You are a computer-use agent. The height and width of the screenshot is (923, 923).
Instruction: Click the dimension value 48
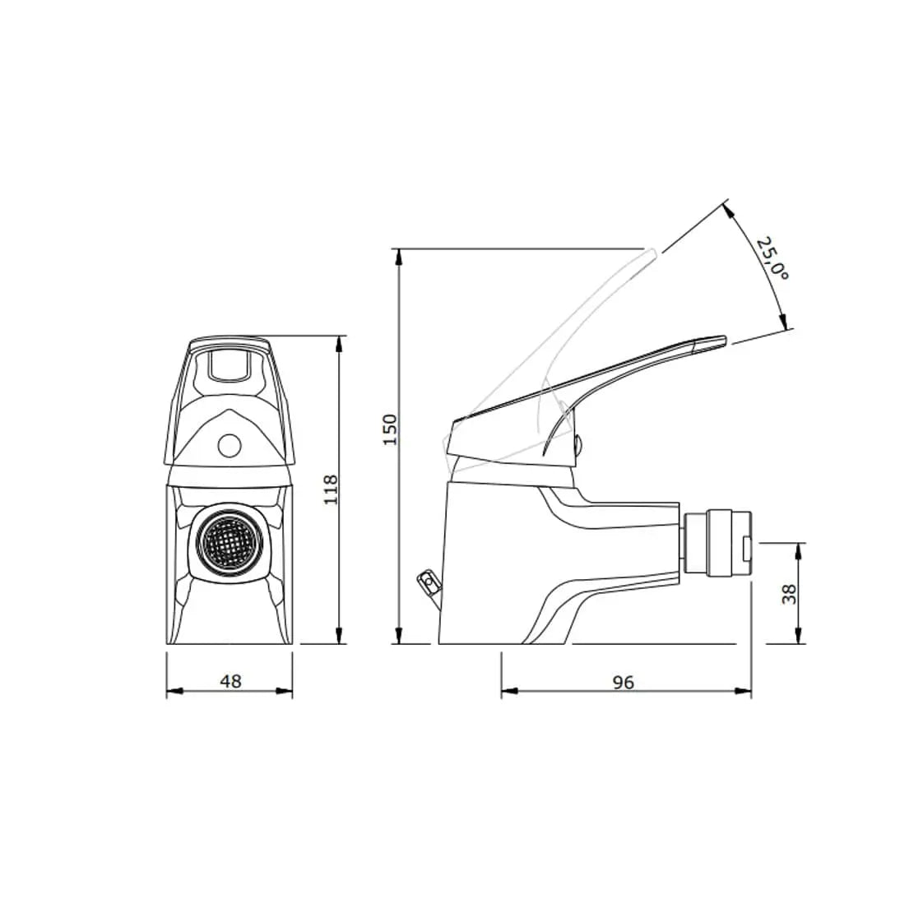click(231, 681)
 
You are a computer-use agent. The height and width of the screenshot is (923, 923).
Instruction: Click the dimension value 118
click(330, 489)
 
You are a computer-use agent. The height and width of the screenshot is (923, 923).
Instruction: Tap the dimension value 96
click(624, 682)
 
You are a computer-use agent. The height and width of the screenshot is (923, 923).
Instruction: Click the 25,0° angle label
click(772, 259)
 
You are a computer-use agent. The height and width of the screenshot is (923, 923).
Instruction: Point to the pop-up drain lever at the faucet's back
click(428, 584)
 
